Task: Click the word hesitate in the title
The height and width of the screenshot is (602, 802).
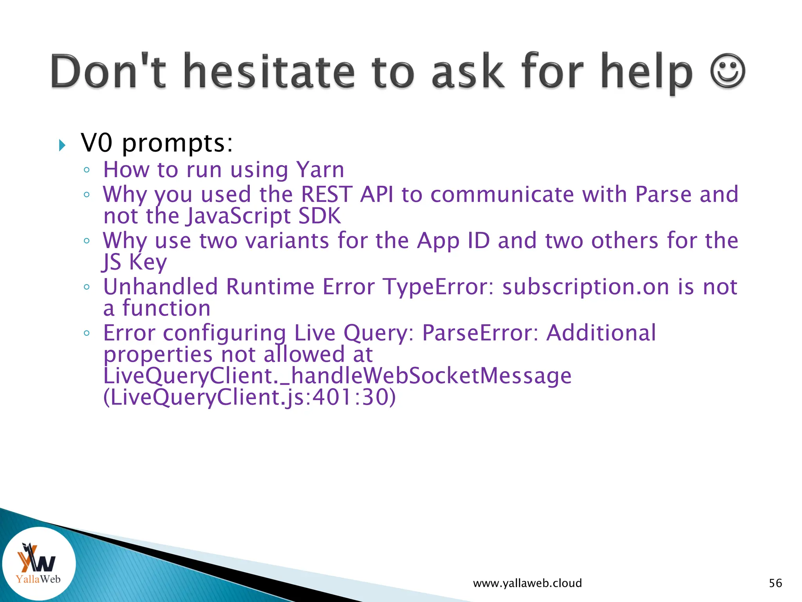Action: click(269, 71)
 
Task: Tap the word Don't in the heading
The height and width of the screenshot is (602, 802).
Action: click(108, 71)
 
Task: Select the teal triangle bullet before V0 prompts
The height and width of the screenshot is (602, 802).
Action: click(62, 145)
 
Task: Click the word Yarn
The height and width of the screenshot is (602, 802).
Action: click(320, 170)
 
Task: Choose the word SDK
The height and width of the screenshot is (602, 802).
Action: click(320, 216)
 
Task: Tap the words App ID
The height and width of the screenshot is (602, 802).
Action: click(453, 240)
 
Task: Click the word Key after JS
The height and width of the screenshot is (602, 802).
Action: click(148, 262)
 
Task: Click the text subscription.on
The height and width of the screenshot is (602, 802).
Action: click(585, 286)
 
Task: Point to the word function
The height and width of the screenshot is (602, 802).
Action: click(166, 308)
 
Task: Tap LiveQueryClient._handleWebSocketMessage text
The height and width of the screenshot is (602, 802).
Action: click(337, 375)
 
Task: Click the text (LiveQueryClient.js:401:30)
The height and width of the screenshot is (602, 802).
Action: click(249, 397)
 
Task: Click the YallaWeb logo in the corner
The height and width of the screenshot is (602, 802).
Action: click(38, 563)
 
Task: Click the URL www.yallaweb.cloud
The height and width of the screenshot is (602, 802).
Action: click(527, 583)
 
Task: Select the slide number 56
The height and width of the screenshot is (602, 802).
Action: click(775, 583)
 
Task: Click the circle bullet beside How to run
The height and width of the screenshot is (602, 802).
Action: click(87, 170)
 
